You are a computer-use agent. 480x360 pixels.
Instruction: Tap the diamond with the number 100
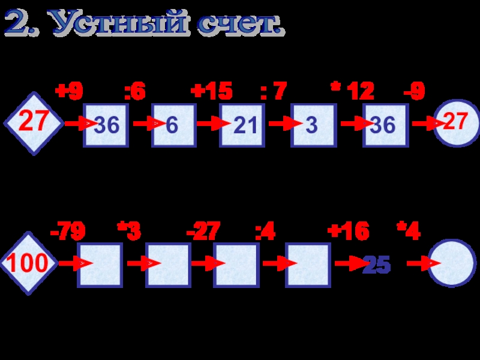[x=29, y=263]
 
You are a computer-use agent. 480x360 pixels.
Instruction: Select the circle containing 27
[x=456, y=123]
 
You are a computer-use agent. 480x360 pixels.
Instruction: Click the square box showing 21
[x=242, y=125]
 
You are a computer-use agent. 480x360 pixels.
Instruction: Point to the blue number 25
[x=376, y=265]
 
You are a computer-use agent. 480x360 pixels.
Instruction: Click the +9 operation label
[x=69, y=91]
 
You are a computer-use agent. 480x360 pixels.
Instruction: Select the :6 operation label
[x=134, y=91]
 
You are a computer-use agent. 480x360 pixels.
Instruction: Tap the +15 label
[x=211, y=91]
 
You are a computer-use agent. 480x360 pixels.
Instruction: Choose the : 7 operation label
[x=274, y=91]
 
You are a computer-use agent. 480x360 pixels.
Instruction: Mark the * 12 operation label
[x=353, y=91]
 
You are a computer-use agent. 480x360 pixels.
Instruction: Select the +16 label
[x=348, y=231]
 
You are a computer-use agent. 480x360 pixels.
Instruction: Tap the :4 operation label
[x=265, y=231]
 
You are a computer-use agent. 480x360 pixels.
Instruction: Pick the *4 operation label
[x=409, y=231]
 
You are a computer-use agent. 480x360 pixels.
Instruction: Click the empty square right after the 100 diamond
[x=100, y=265]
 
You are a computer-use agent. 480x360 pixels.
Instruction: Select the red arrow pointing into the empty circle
[x=421, y=263]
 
